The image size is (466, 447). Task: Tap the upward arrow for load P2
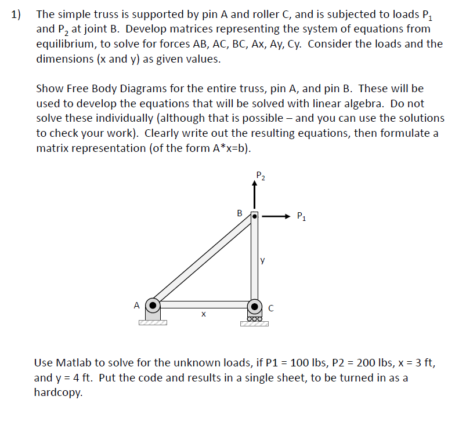[x=254, y=195]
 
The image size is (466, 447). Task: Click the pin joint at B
[x=254, y=216]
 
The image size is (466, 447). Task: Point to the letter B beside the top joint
[x=240, y=213]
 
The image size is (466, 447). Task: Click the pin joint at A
[x=153, y=304]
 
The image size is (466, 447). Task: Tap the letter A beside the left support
[x=136, y=304]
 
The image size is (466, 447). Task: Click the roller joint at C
[x=254, y=304]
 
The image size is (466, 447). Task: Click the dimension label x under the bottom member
[x=203, y=315]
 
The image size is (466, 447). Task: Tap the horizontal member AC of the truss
[x=203, y=304]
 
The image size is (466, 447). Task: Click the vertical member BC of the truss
[x=254, y=261]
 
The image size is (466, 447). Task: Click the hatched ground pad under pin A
[x=153, y=323]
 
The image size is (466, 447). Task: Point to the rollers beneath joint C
[x=254, y=318]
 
